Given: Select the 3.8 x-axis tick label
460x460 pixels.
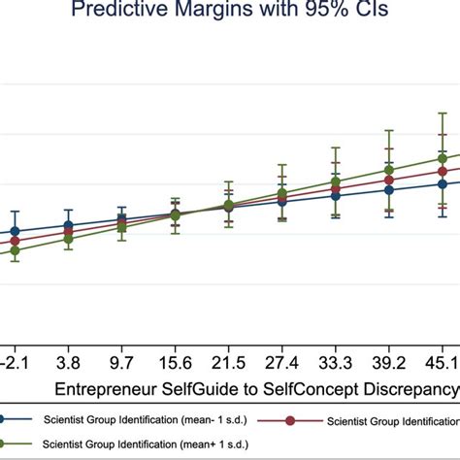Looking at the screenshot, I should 67,361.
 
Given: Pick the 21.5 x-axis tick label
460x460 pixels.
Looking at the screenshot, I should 228,361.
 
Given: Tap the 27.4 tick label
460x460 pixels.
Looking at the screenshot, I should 281,361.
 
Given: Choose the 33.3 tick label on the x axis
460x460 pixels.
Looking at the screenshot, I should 335,361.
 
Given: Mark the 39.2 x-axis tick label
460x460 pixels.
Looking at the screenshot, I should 388,361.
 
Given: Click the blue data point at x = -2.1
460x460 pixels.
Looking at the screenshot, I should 14,232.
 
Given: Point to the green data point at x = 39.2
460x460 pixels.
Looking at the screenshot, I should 389,170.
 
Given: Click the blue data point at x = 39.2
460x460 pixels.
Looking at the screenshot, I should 389,189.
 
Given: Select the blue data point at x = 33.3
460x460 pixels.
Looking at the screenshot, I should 336,195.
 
